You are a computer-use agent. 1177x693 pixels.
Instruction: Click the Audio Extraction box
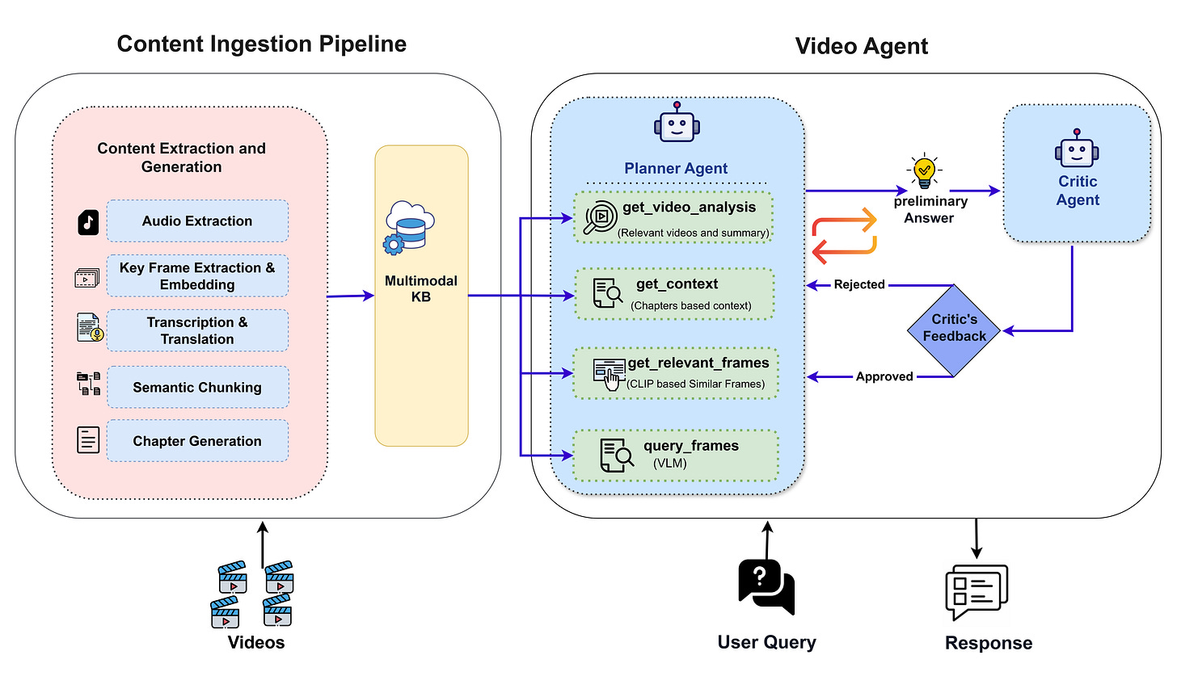[x=197, y=221]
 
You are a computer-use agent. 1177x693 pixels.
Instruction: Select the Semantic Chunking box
[x=197, y=388]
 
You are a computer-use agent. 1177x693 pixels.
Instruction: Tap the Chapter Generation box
[x=197, y=441]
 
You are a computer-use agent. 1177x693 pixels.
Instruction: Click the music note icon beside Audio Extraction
[x=88, y=222]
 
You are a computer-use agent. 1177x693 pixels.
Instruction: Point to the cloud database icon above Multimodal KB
[x=409, y=227]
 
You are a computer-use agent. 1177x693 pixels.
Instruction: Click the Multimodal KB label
[x=420, y=289]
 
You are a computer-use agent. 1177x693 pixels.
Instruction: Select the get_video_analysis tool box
[x=673, y=217]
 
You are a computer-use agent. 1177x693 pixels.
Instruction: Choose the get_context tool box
[x=674, y=294]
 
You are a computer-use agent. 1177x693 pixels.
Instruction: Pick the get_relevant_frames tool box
[x=676, y=373]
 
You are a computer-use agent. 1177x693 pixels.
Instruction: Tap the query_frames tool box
[x=676, y=455]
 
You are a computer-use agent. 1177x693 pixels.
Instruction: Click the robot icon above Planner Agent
[x=677, y=125]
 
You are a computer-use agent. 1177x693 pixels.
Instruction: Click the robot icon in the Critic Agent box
[x=1077, y=149]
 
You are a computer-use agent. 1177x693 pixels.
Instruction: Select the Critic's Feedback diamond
[x=955, y=330]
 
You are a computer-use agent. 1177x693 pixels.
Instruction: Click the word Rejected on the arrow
[x=859, y=284]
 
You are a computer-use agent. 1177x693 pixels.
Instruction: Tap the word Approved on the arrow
[x=884, y=376]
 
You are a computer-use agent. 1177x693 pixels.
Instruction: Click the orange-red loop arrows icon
[x=844, y=235]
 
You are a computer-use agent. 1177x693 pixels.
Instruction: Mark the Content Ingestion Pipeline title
[x=261, y=44]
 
